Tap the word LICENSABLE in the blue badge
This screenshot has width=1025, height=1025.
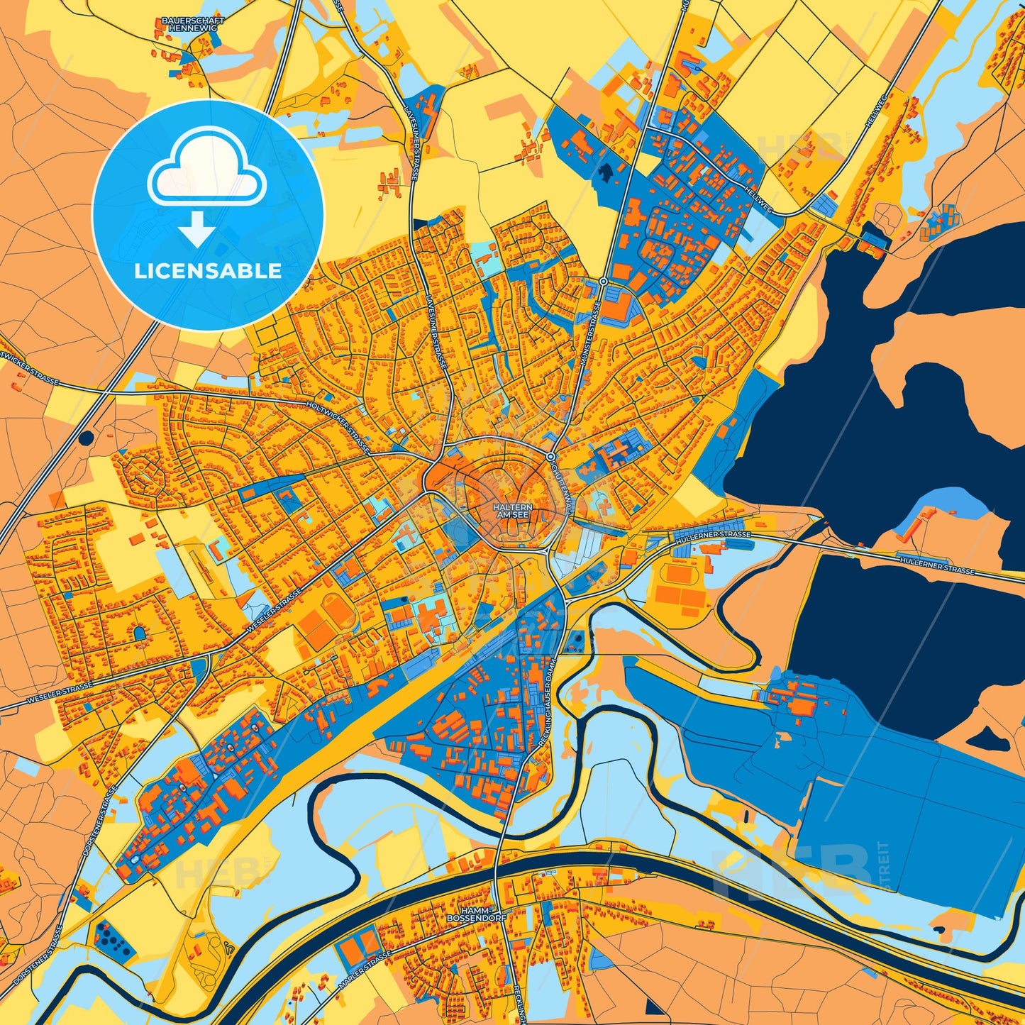coord(208,271)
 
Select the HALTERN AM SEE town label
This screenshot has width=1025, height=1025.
coord(513,511)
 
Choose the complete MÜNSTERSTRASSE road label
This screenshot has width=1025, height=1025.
coord(590,333)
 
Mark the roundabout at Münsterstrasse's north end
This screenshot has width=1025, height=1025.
coord(602,282)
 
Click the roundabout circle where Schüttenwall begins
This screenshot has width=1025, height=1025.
coord(550,455)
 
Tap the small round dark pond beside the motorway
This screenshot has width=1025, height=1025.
coord(87,438)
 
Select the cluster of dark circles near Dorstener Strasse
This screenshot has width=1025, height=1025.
coord(113,938)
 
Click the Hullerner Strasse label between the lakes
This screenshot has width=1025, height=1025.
coord(936,565)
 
